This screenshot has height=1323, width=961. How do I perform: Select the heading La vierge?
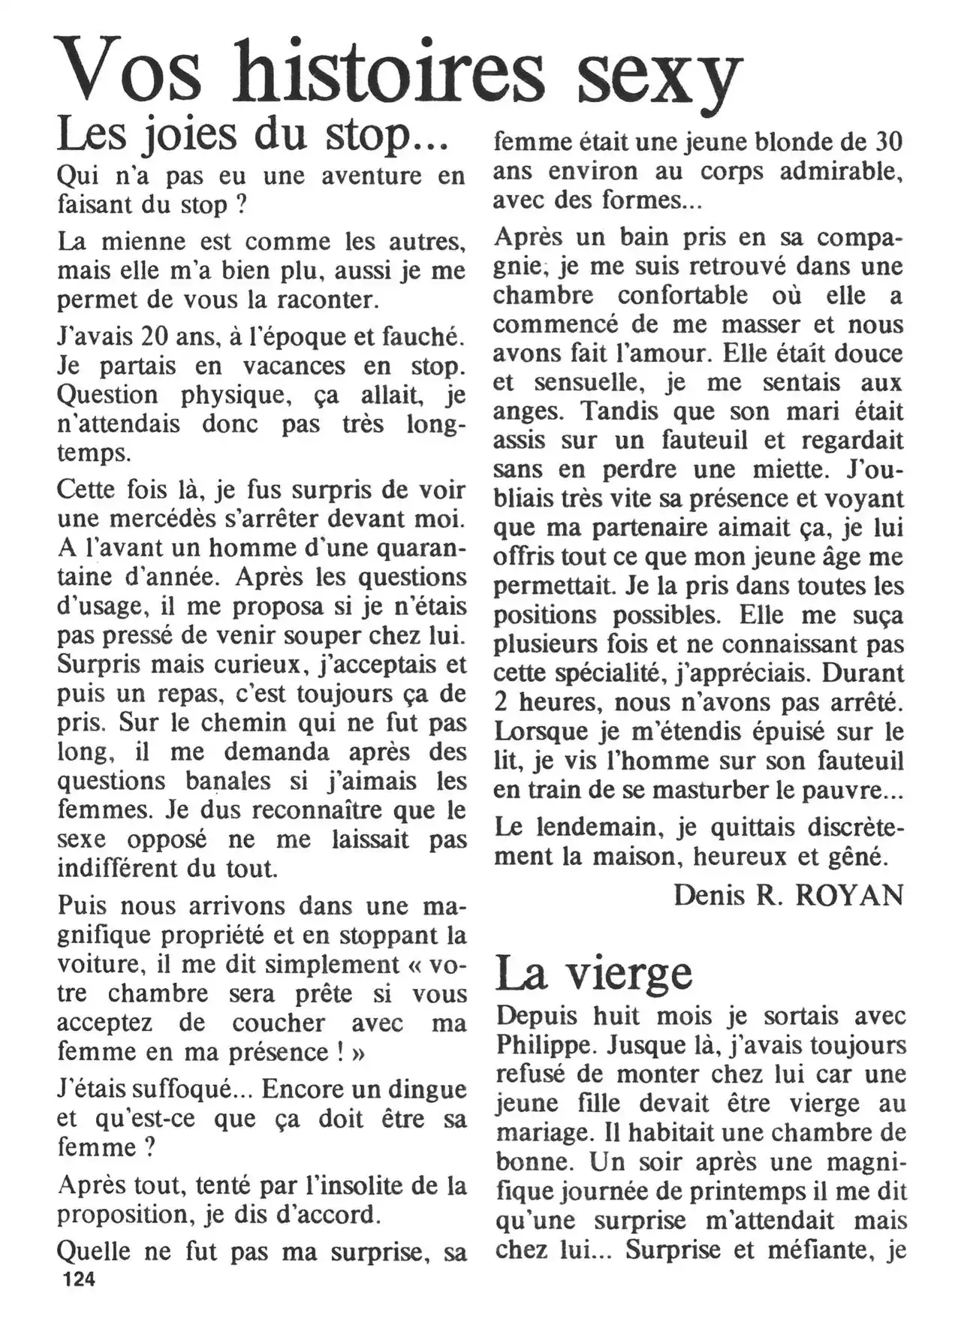(593, 973)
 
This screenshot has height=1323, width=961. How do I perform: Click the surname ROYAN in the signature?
(848, 895)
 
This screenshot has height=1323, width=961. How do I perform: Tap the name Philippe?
(542, 1045)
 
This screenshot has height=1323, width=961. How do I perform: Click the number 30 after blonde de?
(889, 142)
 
